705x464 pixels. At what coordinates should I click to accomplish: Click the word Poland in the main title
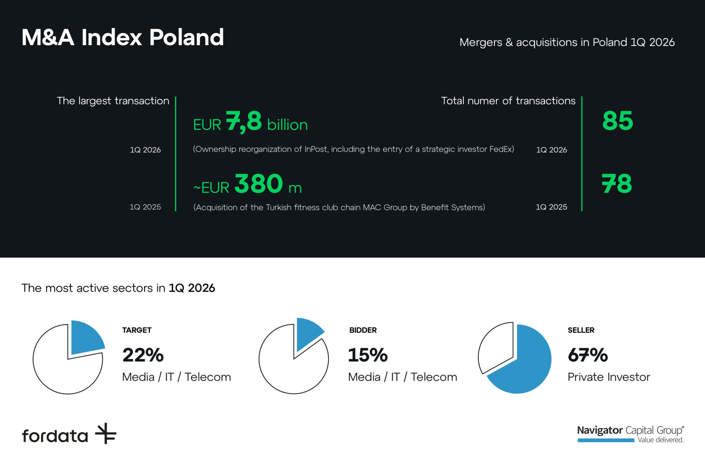tap(187, 37)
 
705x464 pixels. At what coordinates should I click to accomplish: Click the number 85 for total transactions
tap(618, 121)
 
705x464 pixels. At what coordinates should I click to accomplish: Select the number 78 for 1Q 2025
tap(617, 184)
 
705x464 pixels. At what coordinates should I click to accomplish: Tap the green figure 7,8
tap(244, 121)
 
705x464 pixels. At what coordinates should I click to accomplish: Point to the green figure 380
tap(258, 184)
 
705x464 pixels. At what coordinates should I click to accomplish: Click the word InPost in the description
tap(316, 149)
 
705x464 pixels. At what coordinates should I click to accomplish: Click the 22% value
tap(143, 355)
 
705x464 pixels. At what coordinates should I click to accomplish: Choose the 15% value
tap(368, 355)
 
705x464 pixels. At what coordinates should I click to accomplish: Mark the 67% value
tap(587, 355)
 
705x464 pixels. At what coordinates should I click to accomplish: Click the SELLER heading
tap(581, 330)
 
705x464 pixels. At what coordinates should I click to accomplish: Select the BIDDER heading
tap(363, 330)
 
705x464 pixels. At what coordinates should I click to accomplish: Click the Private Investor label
tap(609, 377)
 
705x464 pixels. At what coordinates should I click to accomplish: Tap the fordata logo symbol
tap(106, 434)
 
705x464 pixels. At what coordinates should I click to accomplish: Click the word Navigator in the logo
tap(600, 430)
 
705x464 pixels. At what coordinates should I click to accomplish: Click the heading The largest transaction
tap(113, 101)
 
